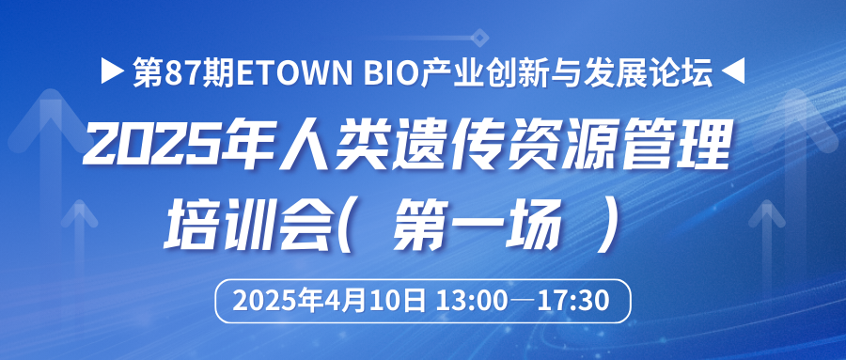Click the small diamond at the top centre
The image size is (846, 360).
point(479,38)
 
